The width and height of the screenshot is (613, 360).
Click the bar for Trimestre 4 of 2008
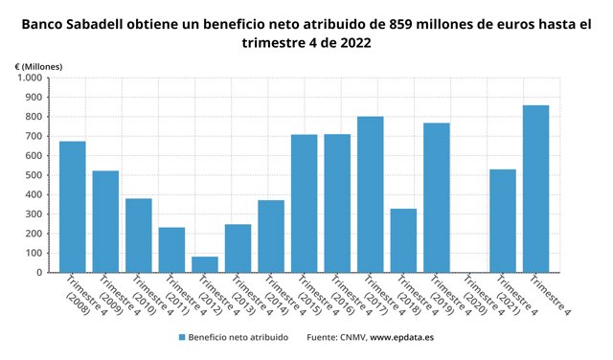click(73, 207)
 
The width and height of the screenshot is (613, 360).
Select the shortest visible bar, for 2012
click(205, 264)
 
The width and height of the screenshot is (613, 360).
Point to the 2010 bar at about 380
click(139, 236)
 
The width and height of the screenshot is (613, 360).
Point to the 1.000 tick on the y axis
click(29, 79)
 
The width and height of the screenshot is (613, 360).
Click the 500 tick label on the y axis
click(34, 175)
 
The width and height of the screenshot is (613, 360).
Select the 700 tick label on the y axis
click(34, 137)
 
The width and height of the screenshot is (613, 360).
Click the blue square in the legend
click(181, 338)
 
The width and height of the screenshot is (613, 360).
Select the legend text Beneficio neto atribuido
click(241, 338)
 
